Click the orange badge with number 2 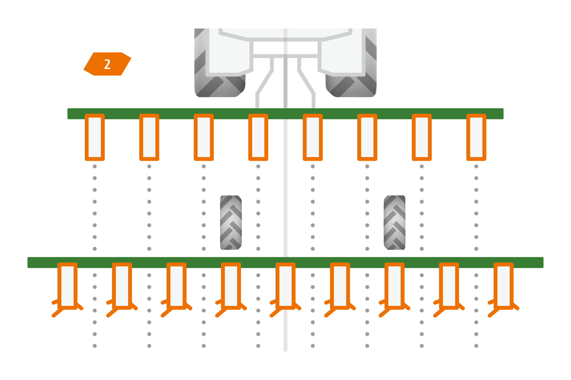107,64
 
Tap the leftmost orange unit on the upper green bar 95,137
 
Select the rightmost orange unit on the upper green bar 476,137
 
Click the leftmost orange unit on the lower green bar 68,286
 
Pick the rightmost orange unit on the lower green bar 503,286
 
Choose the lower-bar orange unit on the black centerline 285,286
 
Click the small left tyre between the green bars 231,223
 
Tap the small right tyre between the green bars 395,223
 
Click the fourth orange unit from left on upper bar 258,137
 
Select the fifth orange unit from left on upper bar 313,137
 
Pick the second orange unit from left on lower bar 122,286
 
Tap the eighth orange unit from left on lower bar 449,286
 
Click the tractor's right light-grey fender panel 341,54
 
